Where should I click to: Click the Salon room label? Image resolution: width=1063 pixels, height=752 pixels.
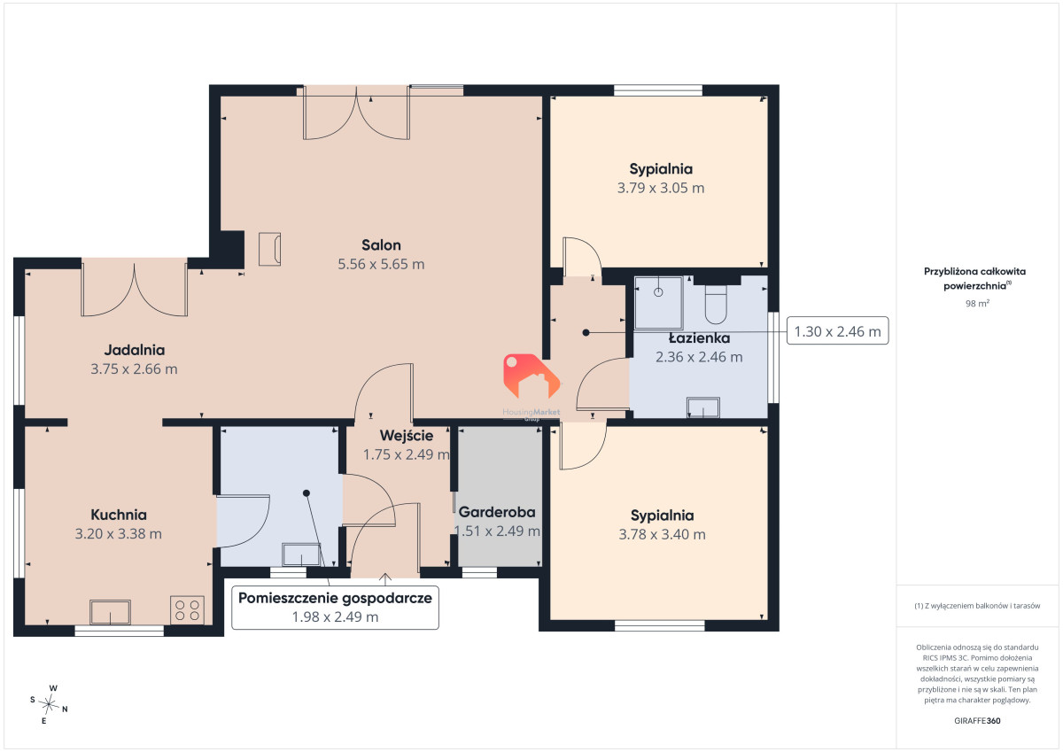click(x=381, y=245)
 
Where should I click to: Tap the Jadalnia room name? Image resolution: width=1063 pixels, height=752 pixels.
click(x=135, y=350)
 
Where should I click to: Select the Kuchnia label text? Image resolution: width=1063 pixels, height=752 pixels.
click(x=119, y=515)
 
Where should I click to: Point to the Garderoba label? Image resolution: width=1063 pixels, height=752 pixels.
click(x=497, y=512)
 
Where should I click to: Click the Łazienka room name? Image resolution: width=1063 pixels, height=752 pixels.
click(x=699, y=337)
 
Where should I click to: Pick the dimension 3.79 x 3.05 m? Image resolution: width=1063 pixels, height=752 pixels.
click(x=661, y=188)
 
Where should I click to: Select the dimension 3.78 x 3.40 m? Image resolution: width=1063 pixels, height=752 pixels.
click(x=662, y=534)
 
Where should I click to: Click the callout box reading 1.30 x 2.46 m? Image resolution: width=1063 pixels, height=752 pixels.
click(x=838, y=330)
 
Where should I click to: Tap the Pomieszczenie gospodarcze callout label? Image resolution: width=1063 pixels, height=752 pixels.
click(x=335, y=608)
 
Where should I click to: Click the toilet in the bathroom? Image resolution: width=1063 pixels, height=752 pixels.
click(x=716, y=304)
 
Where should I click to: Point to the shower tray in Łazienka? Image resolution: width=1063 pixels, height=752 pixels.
click(x=658, y=303)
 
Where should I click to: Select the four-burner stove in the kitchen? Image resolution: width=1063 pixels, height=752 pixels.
click(x=187, y=610)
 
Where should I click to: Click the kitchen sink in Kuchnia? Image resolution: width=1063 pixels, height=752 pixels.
click(x=110, y=612)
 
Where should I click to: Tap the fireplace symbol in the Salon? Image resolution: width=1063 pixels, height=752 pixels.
click(x=269, y=249)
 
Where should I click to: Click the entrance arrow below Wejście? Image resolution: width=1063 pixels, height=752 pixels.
click(x=385, y=578)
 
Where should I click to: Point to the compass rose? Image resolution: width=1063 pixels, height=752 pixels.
click(x=49, y=704)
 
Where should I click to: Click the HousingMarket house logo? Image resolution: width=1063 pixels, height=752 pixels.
click(x=531, y=376)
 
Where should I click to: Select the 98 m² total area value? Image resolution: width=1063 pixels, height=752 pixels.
click(x=977, y=303)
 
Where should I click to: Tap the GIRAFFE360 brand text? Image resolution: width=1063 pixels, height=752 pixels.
click(x=977, y=721)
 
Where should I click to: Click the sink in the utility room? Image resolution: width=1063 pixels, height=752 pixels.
click(x=301, y=554)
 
